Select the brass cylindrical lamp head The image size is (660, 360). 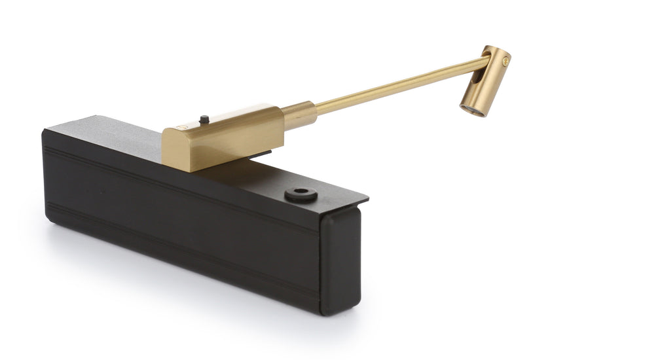[485, 81]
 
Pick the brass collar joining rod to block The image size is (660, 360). [301, 115]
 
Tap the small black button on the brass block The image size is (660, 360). [204, 119]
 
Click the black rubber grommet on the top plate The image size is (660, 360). [301, 194]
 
